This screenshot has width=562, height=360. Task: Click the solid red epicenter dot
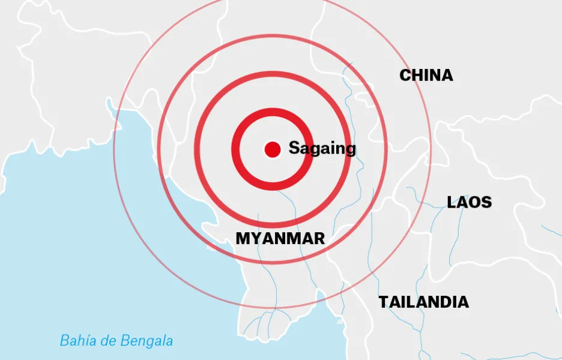tap(273, 149)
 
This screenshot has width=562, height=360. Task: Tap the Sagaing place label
tap(322, 148)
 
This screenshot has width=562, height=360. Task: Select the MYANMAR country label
tap(280, 238)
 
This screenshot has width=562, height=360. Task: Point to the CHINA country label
tap(426, 76)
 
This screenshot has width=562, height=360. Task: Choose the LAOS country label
tap(469, 202)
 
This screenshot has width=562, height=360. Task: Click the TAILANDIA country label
tap(423, 302)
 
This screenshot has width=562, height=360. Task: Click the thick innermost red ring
tap(273, 113)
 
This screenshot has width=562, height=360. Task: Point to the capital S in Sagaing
tap(294, 148)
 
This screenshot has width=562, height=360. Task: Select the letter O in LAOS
tap(476, 202)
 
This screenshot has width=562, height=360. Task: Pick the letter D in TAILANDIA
tap(443, 302)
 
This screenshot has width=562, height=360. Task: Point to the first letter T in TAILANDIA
tap(383, 302)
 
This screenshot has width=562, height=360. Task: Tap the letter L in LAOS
tap(452, 202)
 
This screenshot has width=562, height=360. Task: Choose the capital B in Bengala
tap(124, 341)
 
